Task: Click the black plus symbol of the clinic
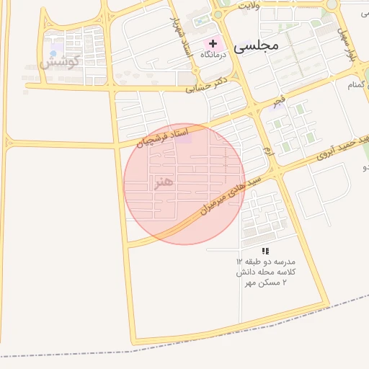[x=213, y=43]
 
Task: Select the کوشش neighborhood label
[x=59, y=62]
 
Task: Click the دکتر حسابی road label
[x=206, y=84]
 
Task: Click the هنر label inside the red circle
[x=164, y=182]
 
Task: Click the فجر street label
[x=277, y=100]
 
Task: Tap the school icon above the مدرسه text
[x=265, y=251]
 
